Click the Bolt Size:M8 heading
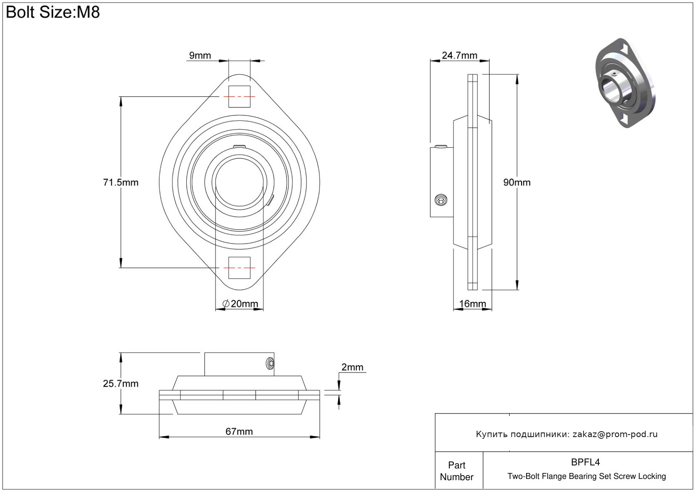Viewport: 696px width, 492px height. (x=53, y=12)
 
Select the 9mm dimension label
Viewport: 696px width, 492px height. (x=200, y=55)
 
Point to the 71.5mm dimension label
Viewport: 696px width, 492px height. (x=120, y=182)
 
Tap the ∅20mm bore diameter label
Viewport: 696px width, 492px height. (x=240, y=304)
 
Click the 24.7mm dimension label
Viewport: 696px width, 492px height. (x=459, y=55)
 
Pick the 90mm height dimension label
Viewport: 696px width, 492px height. (x=516, y=182)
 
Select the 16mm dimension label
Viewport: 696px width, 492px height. (x=472, y=304)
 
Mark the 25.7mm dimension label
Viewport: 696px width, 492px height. (x=120, y=383)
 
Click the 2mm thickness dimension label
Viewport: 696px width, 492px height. (x=352, y=367)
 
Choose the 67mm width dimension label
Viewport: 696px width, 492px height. (x=239, y=431)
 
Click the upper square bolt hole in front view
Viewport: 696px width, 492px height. (x=239, y=97)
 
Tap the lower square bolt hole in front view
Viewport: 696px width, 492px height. (x=239, y=268)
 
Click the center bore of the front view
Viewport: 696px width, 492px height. (x=239, y=182)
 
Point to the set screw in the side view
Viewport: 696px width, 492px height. (x=441, y=200)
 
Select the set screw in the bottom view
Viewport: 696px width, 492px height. (x=270, y=363)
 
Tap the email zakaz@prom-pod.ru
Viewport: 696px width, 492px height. (x=615, y=434)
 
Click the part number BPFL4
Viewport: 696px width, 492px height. (x=585, y=462)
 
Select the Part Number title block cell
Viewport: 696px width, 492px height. (x=456, y=471)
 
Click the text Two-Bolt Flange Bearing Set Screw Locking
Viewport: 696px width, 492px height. (x=587, y=476)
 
